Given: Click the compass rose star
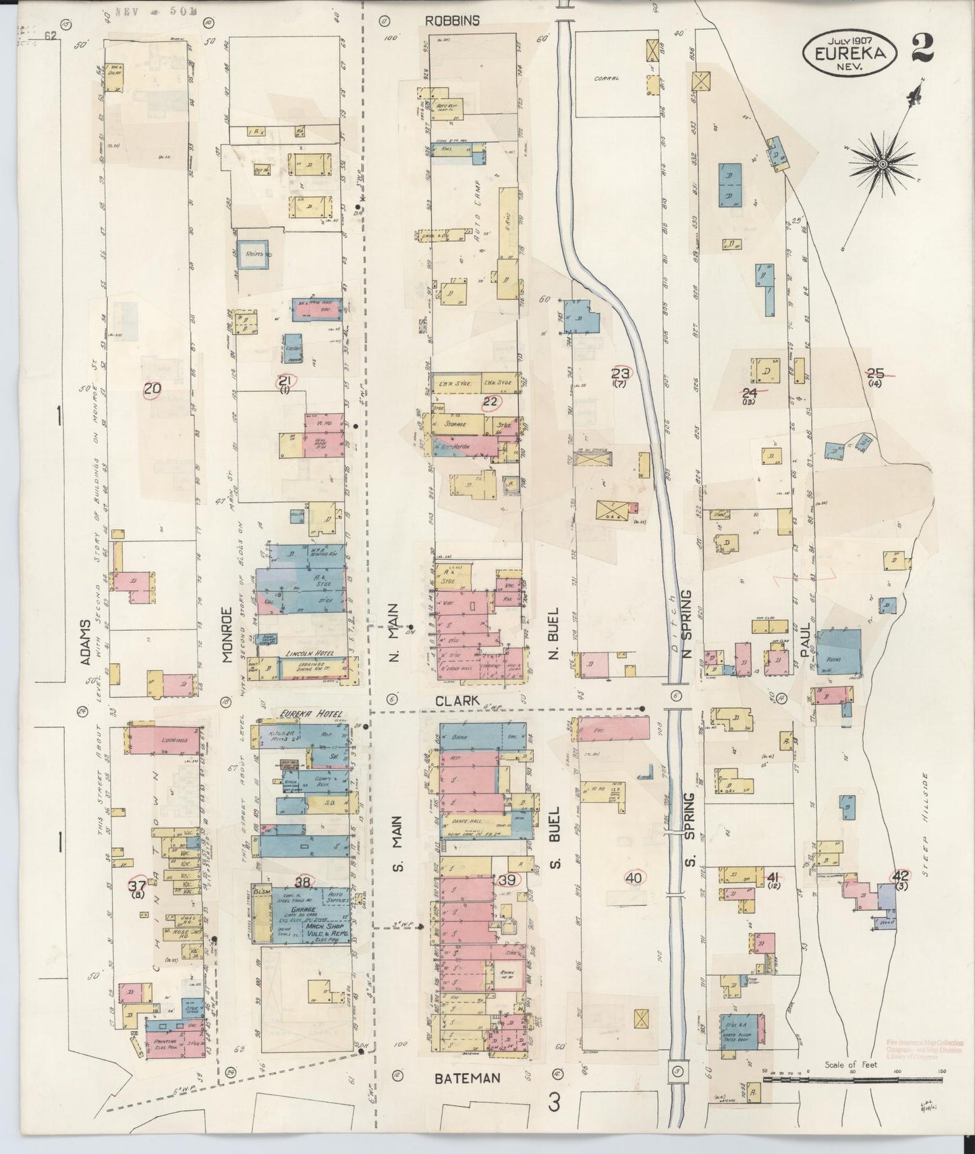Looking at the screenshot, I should pyautogui.click(x=883, y=164).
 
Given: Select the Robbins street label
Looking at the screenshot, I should pyautogui.click(x=452, y=21).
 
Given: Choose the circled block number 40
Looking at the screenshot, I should pyautogui.click(x=634, y=878).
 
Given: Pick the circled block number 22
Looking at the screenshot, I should pyautogui.click(x=491, y=402).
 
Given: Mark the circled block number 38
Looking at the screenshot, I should pyautogui.click(x=302, y=881).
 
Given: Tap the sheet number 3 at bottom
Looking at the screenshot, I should pyautogui.click(x=554, y=1102).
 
